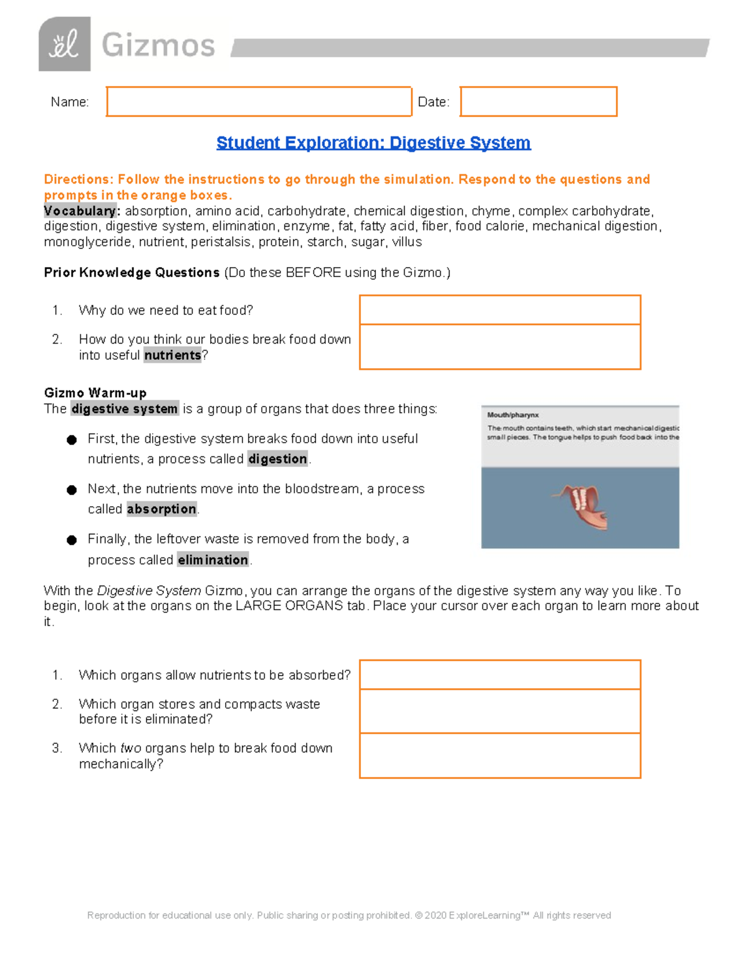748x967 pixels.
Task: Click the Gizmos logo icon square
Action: coord(64,44)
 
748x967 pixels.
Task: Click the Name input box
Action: coord(259,101)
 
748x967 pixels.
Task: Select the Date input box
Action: coord(539,101)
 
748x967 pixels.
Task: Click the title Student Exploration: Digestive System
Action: coord(373,143)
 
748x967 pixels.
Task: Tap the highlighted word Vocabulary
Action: coord(80,211)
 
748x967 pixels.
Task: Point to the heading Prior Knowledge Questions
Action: coord(132,273)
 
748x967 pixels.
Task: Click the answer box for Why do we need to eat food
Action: coord(500,310)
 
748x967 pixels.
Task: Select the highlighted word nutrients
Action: coord(173,356)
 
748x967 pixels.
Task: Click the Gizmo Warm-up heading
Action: coord(95,393)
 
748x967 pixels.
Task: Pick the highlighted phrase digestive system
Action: coord(125,409)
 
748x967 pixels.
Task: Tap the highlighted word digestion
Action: coord(277,459)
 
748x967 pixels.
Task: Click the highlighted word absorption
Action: coord(161,509)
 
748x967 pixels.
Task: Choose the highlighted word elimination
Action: coord(213,560)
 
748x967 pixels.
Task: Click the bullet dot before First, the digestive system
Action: coord(72,440)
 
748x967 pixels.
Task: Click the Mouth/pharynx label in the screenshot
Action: coord(513,415)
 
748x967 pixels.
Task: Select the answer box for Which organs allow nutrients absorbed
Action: coord(500,675)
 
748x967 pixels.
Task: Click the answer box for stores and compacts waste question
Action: coord(500,711)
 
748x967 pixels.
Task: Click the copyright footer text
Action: coord(349,915)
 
